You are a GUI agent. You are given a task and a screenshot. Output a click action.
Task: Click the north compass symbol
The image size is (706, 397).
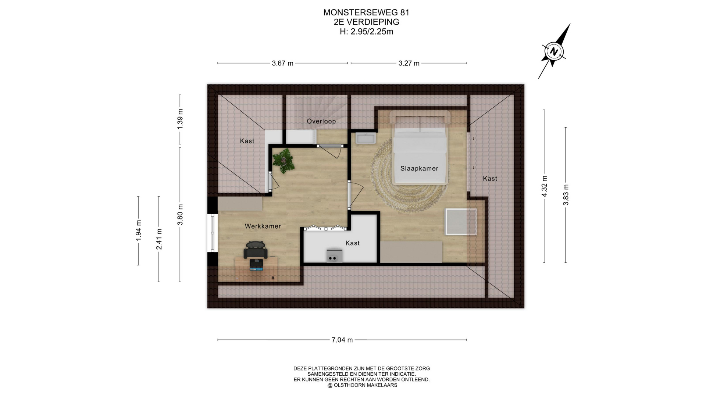554,51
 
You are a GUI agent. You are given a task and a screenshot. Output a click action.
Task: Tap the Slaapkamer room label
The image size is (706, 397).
419,169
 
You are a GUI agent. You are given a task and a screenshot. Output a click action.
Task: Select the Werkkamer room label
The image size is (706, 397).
263,226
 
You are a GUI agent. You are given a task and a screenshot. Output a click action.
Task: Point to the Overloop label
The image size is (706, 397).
321,121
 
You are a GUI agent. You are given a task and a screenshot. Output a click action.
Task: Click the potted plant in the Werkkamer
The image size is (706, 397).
283,161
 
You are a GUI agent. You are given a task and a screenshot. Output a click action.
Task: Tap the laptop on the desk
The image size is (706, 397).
256,265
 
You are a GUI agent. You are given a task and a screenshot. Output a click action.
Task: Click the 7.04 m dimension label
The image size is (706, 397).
342,340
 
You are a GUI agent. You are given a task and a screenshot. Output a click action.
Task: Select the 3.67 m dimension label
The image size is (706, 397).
282,63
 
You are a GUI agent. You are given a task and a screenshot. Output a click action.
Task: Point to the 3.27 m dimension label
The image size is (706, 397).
409,63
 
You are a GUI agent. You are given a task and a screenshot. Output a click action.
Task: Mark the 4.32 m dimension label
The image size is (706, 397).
545,186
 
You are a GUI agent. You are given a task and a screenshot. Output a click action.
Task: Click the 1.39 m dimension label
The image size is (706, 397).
180,119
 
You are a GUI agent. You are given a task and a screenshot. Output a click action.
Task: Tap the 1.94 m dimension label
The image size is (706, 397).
139,230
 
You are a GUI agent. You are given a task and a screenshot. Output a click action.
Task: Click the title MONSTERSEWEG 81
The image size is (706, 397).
366,12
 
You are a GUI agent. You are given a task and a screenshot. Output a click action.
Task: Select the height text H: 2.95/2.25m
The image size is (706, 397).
366,32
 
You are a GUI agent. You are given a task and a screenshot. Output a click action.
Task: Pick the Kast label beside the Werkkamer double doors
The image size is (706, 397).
352,243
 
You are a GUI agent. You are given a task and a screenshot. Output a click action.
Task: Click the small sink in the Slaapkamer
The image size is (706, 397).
365,139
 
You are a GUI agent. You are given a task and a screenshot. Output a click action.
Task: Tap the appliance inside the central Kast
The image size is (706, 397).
334,256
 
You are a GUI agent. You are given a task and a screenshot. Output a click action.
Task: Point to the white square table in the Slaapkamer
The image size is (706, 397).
461,222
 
